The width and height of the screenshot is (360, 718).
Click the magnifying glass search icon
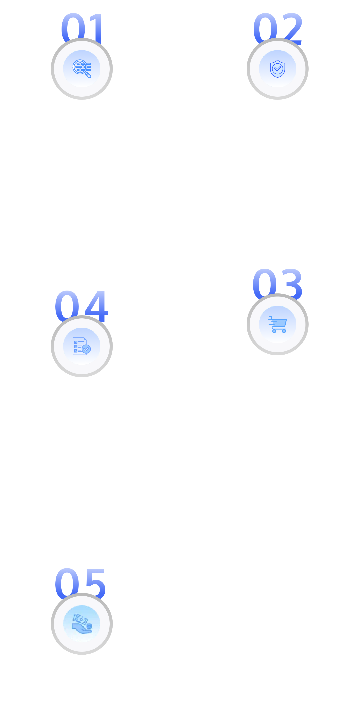tap(82, 69)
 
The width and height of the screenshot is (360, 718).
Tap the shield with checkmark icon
tap(277, 69)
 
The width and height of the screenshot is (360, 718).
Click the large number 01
tap(82, 26)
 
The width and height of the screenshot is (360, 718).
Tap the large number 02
tap(277, 26)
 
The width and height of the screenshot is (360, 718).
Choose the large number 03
tap(277, 282)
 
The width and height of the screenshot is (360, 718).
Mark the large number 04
tap(81, 304)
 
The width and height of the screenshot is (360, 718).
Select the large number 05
tap(80, 582)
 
